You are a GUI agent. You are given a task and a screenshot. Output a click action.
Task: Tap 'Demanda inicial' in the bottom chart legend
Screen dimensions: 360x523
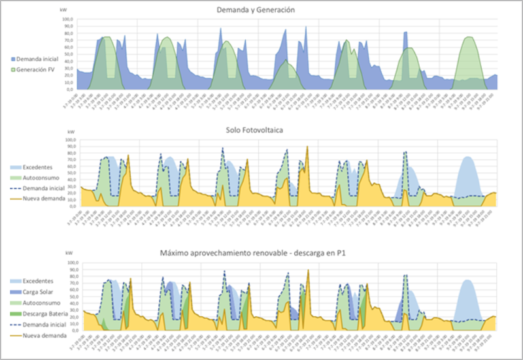[43, 323]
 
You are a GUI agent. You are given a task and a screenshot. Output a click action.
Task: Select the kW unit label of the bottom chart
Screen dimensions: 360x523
[63, 255]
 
